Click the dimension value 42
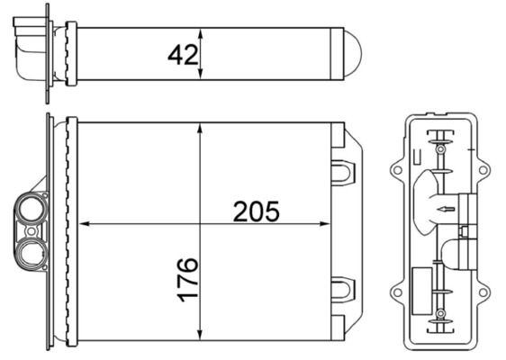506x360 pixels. pyautogui.click(x=183, y=55)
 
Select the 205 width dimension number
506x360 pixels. pyautogui.click(x=257, y=212)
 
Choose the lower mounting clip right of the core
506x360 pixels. pyautogui.click(x=346, y=289)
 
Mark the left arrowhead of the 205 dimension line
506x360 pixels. pyautogui.click(x=87, y=223)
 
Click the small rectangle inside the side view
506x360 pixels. pyautogui.click(x=422, y=280)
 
